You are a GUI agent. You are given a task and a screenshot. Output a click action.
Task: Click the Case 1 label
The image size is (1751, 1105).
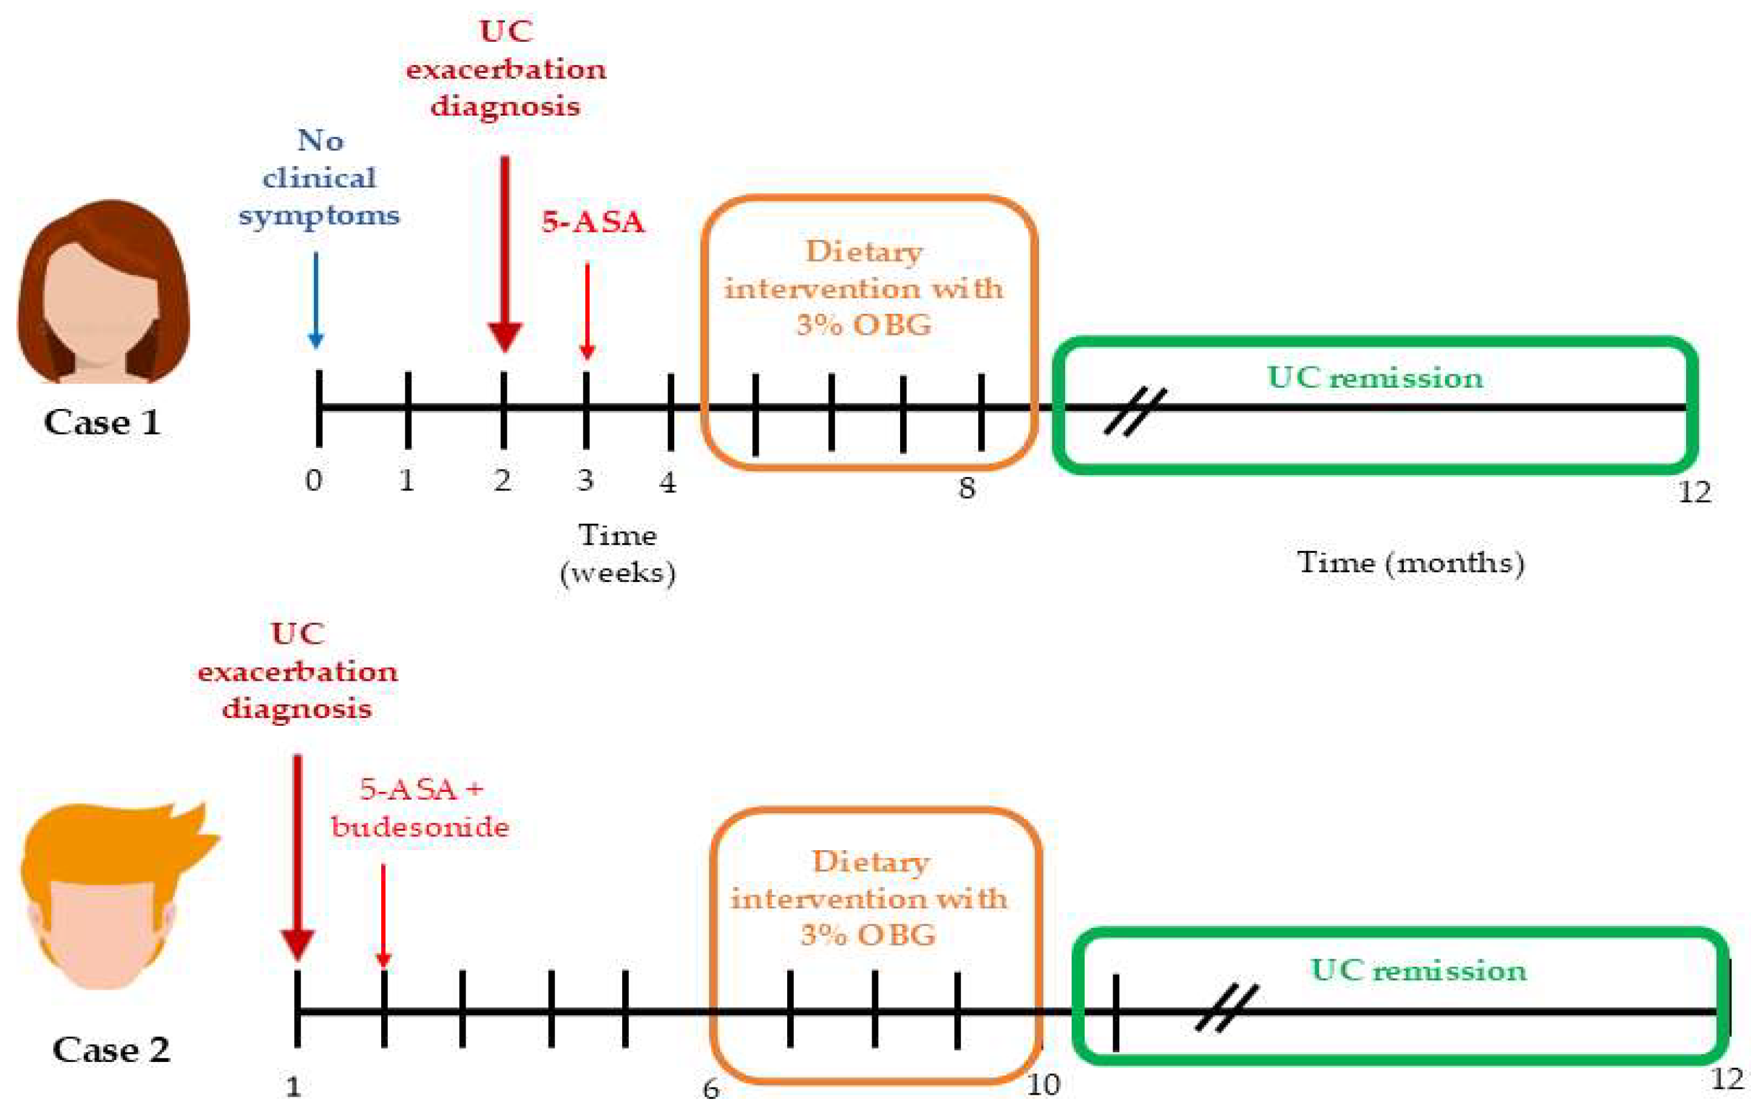click(x=102, y=422)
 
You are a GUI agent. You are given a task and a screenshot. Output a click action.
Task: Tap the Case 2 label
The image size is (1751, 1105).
click(x=111, y=1050)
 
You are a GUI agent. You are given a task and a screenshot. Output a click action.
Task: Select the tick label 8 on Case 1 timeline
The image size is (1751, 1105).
click(x=966, y=488)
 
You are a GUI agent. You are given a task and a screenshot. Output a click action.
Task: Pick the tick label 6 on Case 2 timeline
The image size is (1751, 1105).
click(x=711, y=1088)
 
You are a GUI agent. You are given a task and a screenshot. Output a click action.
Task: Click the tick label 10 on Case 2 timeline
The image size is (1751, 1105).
click(x=1043, y=1084)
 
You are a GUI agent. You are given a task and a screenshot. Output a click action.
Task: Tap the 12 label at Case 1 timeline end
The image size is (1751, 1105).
click(x=1695, y=492)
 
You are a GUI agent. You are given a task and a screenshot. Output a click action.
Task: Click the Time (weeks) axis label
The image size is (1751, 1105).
click(x=618, y=554)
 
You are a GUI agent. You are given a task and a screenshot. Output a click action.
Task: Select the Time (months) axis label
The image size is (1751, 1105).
click(x=1411, y=563)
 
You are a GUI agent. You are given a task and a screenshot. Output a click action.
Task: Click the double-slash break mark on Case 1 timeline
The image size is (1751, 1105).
click(x=1135, y=411)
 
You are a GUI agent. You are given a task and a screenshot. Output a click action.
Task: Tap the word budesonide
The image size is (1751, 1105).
click(x=420, y=826)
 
